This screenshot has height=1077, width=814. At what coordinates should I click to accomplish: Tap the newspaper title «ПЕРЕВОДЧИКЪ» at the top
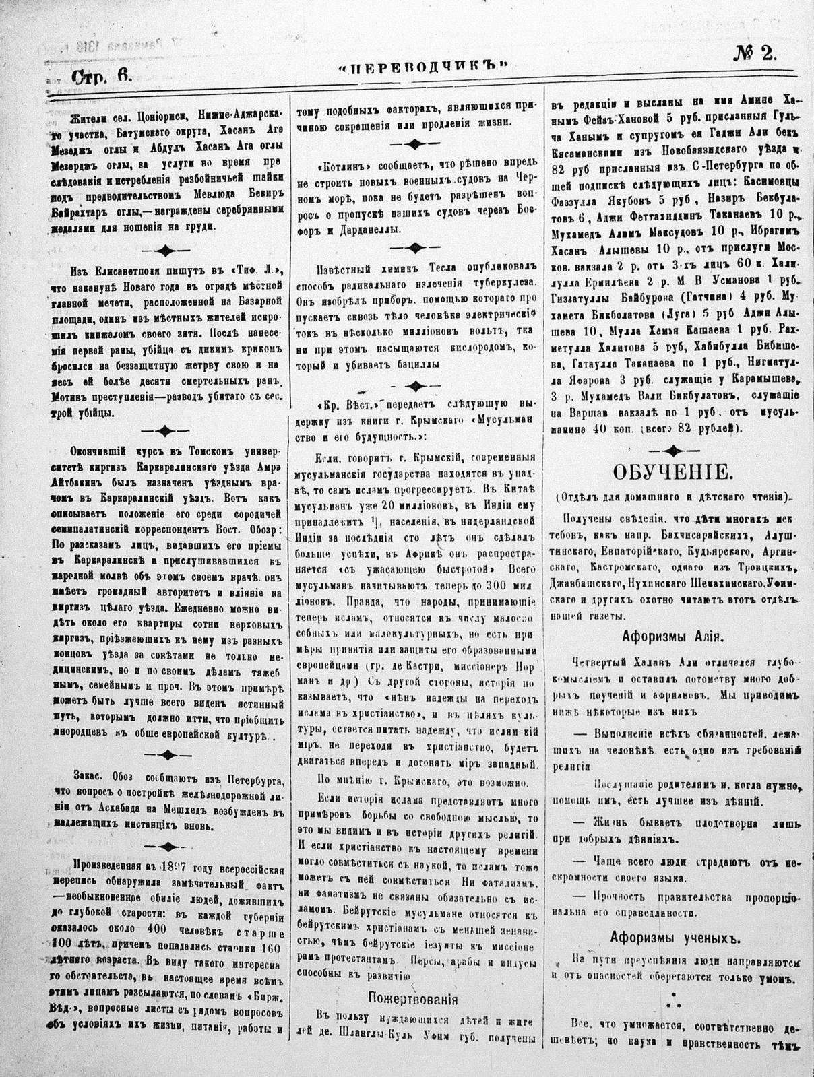click(x=422, y=67)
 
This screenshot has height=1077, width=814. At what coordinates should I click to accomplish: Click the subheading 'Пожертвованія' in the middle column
click(x=414, y=998)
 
